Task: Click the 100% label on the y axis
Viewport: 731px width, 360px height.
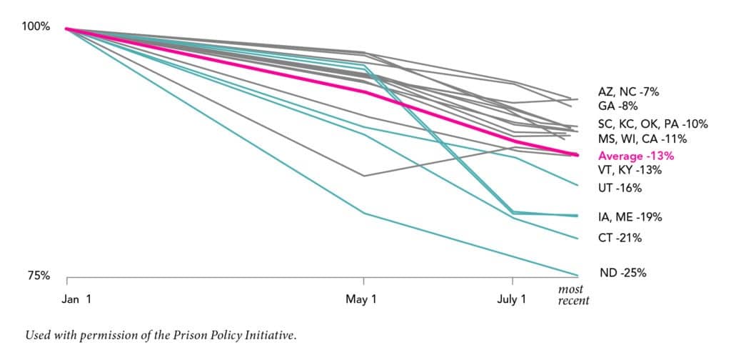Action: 36,26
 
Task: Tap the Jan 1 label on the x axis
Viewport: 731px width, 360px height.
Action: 76,299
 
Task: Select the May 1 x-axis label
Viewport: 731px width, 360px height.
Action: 361,299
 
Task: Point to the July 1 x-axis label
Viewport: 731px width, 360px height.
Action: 511,299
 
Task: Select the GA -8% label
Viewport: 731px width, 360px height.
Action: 617,106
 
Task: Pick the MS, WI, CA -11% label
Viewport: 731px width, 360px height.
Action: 642,138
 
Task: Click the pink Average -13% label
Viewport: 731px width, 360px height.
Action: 636,155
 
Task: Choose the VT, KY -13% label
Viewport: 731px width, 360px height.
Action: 630,170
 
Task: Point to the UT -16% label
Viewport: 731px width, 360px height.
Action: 620,188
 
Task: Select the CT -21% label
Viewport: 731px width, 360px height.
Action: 620,237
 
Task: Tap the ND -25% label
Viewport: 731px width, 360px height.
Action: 622,272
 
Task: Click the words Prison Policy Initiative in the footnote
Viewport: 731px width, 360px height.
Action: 235,334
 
